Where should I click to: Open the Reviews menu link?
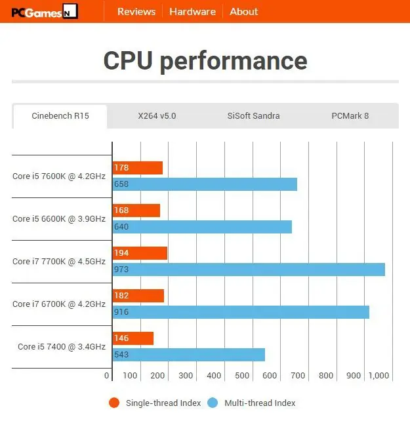point(136,11)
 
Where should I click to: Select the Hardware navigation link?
point(192,11)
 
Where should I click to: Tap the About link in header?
point(243,11)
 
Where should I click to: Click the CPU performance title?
point(205,61)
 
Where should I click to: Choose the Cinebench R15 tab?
point(60,116)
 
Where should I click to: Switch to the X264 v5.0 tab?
point(157,116)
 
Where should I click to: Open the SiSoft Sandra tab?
point(253,116)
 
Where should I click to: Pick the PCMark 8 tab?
point(350,116)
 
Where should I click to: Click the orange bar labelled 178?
point(138,168)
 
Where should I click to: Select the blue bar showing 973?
point(249,270)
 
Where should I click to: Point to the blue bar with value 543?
point(189,355)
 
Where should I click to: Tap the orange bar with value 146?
point(133,338)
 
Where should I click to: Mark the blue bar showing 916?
point(241,312)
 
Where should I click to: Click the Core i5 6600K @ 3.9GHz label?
point(59,218)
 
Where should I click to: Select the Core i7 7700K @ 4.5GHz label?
point(59,261)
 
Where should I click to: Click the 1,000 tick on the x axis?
point(379,376)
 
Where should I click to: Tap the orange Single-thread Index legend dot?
point(115,403)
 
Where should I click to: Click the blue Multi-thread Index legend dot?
point(213,403)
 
